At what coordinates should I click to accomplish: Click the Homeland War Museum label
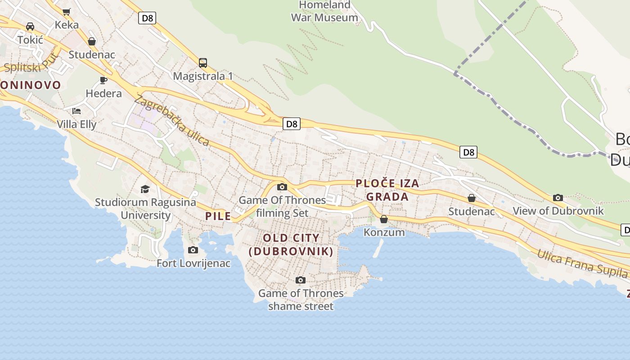[x=324, y=12]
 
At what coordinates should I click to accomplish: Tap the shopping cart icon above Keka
[x=67, y=12]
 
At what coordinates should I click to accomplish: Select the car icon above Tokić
[x=30, y=27]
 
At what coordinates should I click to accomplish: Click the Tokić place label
[x=30, y=40]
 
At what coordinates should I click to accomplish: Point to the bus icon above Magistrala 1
[x=203, y=63]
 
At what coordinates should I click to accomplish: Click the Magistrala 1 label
[x=203, y=76]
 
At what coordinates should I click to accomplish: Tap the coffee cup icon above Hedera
[x=103, y=81]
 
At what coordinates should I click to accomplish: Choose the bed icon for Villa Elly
[x=76, y=111]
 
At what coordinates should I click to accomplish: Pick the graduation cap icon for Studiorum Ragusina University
[x=145, y=189]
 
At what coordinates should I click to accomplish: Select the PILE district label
[x=218, y=216]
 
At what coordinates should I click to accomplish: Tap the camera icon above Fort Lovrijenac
[x=193, y=250]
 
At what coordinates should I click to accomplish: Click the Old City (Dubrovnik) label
[x=291, y=244]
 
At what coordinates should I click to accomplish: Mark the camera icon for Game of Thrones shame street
[x=301, y=280]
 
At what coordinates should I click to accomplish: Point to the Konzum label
[x=384, y=232]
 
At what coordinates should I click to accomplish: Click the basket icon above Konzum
[x=384, y=219]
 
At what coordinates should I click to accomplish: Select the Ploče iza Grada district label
[x=387, y=190]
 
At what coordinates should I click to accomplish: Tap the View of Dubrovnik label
[x=558, y=211]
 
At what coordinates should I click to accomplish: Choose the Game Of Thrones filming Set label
[x=282, y=206]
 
